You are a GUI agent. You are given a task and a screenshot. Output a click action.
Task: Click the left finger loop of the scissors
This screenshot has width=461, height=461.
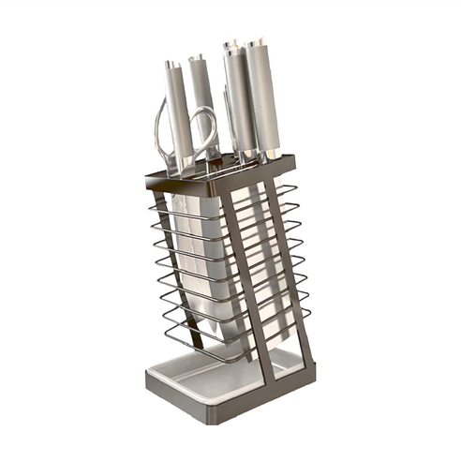163,131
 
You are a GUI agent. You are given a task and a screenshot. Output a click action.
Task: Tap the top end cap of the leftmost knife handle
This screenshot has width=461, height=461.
171,66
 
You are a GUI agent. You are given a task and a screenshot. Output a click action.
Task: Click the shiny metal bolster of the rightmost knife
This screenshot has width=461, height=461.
271,152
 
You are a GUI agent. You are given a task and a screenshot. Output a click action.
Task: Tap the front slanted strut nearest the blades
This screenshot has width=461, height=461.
250,281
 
